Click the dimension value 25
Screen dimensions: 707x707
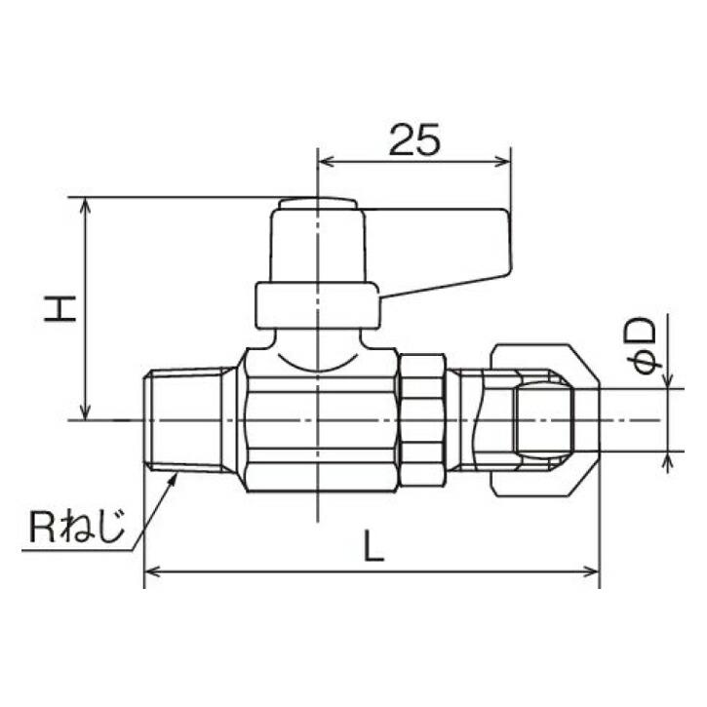(414, 140)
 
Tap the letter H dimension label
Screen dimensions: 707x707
(60, 309)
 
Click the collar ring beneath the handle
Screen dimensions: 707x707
(317, 305)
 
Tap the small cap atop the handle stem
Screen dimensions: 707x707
(317, 204)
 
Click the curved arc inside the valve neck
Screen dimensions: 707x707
(318, 368)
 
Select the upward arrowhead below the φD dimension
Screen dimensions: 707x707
(668, 459)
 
